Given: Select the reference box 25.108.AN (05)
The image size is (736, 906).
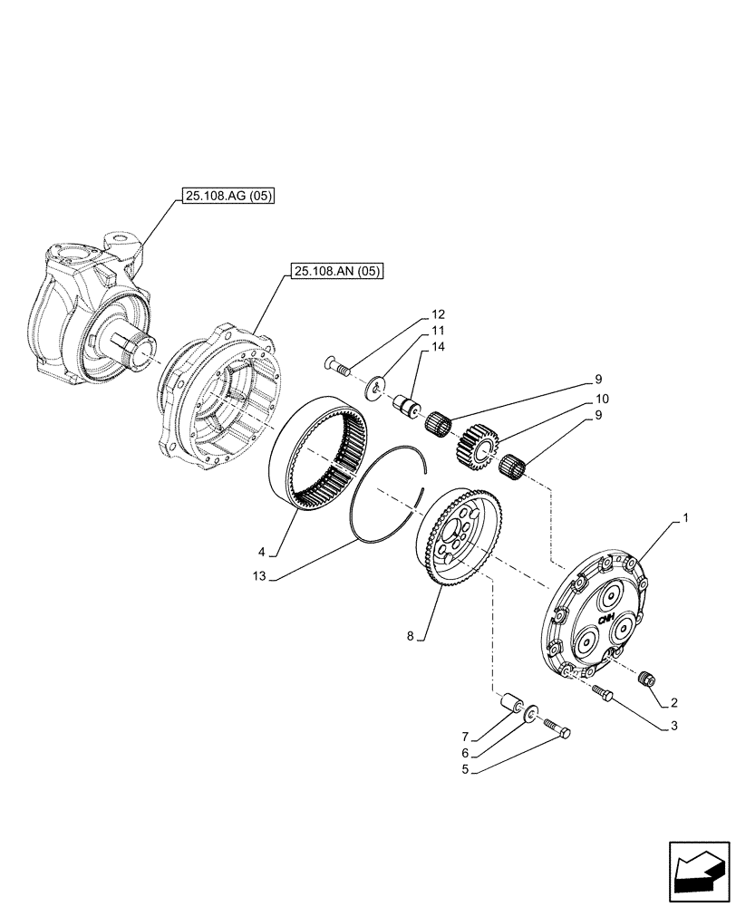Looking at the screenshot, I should [x=338, y=270].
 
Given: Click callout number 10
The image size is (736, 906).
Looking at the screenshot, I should [x=601, y=399].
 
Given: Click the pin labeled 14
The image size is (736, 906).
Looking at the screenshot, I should [x=404, y=403].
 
